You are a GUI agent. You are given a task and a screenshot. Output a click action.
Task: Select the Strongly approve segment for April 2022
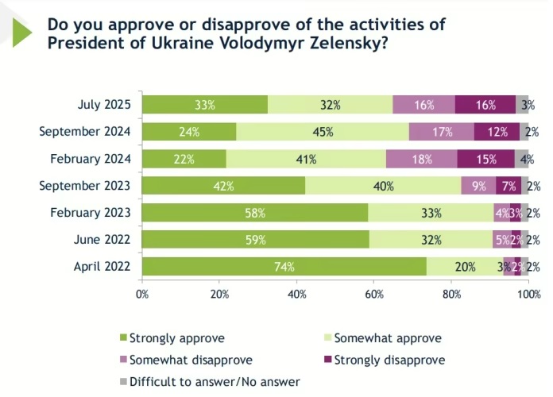click(284, 267)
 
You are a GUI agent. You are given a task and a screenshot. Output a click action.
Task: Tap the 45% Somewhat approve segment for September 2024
click(323, 132)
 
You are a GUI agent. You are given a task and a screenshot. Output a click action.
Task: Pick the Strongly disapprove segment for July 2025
click(485, 105)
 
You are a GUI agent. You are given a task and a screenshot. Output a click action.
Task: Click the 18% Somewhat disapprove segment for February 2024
click(422, 159)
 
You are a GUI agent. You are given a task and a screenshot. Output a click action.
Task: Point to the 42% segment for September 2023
click(223, 186)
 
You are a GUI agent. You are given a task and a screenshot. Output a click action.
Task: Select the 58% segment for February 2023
click(255, 213)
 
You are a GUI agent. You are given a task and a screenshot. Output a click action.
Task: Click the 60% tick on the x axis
click(374, 295)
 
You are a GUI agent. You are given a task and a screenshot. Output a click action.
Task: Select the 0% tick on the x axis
click(143, 295)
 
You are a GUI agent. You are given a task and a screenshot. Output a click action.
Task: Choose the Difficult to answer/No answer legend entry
click(214, 382)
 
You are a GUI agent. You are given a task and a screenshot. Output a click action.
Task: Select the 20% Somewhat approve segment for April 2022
click(465, 267)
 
